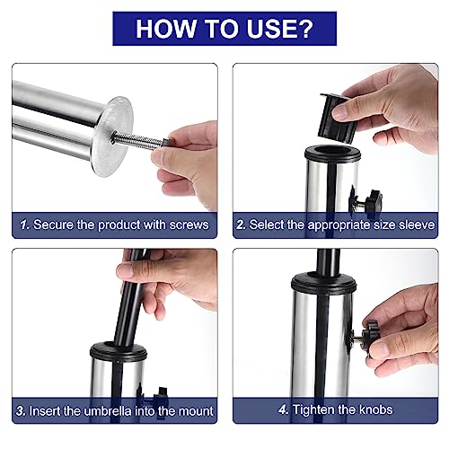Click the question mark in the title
[304, 29]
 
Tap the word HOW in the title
[165, 29]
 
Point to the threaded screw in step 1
[138, 140]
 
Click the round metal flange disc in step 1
[112, 136]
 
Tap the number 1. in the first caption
[25, 224]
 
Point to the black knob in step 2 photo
[372, 200]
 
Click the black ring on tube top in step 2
[332, 154]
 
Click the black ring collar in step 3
[119, 352]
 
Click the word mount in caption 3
[196, 411]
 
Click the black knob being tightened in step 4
[370, 336]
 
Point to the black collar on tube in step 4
[324, 283]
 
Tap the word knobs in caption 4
[375, 409]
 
